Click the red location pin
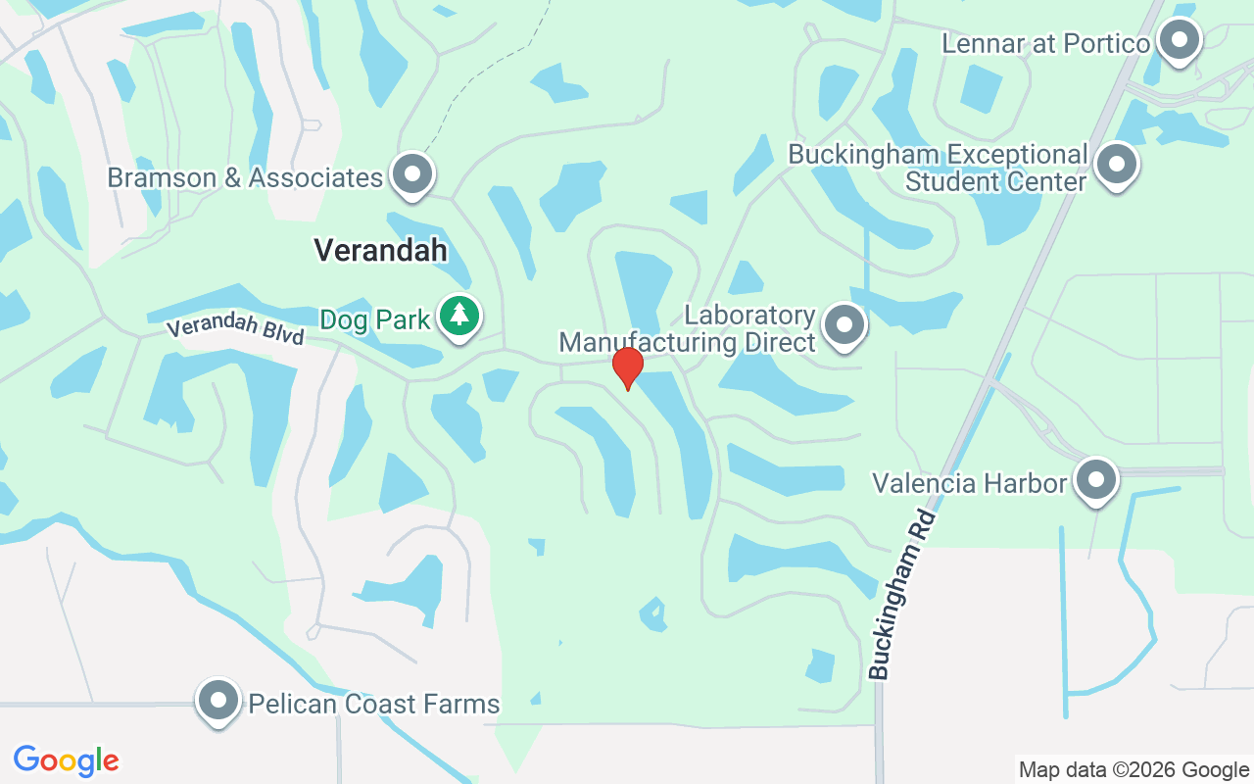click(x=627, y=367)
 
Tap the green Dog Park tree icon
click(x=458, y=317)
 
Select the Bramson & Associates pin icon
click(x=412, y=174)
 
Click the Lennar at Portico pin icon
click(x=1180, y=41)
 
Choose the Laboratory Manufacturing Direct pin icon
click(x=844, y=325)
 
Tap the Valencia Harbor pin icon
click(x=1095, y=480)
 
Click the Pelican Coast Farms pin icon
click(x=218, y=701)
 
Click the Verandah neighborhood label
click(x=380, y=250)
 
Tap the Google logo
click(x=67, y=760)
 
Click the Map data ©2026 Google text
click(x=1133, y=770)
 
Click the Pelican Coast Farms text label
click(x=373, y=704)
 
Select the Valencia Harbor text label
click(x=969, y=483)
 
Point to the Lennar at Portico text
click(x=1045, y=44)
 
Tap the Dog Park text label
click(x=375, y=319)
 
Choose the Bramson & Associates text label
click(x=245, y=177)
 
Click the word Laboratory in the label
click(x=749, y=316)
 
